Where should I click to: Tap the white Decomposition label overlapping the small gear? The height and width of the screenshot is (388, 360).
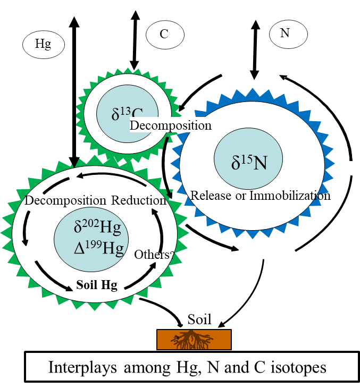170,125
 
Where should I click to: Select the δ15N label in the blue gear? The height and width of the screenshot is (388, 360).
249,162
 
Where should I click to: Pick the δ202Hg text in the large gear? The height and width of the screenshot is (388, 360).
97,227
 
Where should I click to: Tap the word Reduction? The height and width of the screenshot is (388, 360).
139,200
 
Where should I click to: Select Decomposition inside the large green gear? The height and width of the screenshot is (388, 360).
65,200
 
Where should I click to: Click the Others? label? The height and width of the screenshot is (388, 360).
153,255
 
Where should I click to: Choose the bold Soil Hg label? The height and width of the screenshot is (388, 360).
96,285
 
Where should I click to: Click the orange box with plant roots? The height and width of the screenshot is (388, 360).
194,340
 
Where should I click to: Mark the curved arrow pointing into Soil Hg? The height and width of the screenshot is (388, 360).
53,276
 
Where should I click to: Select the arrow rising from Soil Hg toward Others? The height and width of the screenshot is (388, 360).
141,276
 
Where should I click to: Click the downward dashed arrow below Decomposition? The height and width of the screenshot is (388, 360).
26,227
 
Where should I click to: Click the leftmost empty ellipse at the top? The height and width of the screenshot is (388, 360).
44,45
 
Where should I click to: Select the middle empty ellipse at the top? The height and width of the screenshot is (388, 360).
165,35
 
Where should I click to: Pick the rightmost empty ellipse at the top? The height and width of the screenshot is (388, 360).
288,34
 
